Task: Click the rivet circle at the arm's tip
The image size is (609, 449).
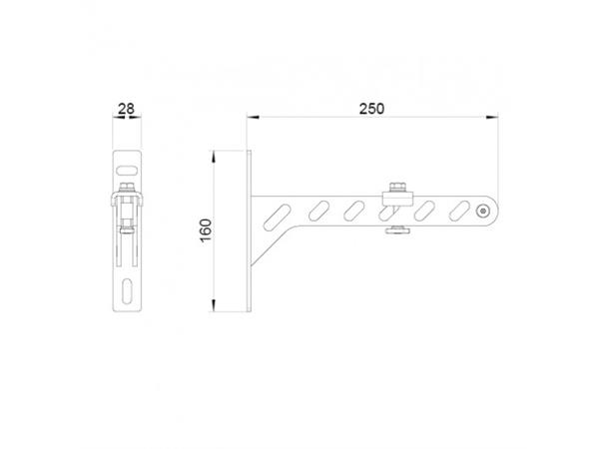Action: click(x=483, y=211)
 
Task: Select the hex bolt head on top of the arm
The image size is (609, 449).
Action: click(x=397, y=188)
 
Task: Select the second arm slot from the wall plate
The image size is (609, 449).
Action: click(x=320, y=211)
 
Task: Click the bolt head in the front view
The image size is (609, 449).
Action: click(x=128, y=187)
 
